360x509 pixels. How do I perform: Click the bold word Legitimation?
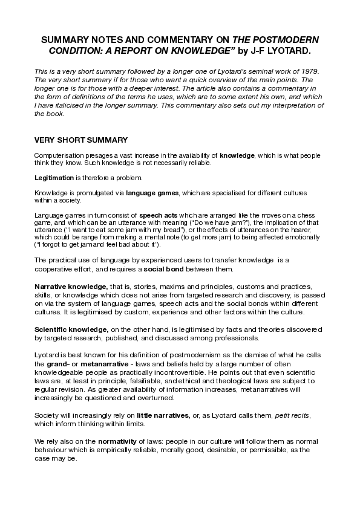point(54,178)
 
